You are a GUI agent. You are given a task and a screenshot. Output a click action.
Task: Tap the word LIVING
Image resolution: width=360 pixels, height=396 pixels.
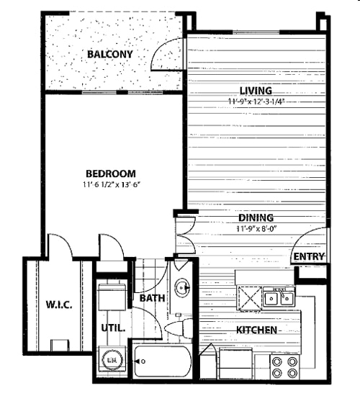click(256, 91)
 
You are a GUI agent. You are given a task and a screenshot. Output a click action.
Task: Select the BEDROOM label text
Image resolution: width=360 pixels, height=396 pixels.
click(111, 174)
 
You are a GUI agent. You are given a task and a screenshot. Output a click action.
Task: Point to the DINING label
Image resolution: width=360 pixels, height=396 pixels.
click(256, 217)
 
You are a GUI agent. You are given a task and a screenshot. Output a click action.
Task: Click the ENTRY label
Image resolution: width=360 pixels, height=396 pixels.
click(308, 256)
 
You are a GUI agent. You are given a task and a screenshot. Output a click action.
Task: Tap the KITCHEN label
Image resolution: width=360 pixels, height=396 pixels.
click(257, 330)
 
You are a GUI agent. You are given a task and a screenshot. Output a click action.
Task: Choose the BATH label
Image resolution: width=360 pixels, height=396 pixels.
click(153, 297)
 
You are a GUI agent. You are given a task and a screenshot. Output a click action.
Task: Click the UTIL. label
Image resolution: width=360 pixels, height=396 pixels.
click(112, 328)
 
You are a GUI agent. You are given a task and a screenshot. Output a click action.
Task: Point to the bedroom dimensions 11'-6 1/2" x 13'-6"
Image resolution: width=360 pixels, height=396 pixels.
click(111, 185)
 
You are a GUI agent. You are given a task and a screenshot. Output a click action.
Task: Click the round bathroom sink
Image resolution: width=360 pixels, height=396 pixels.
click(182, 288)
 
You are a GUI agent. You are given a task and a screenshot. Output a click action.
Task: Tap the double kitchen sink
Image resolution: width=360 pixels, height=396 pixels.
click(277, 296)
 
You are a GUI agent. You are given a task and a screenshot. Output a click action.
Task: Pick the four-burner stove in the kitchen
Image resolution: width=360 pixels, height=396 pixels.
click(284, 366)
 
